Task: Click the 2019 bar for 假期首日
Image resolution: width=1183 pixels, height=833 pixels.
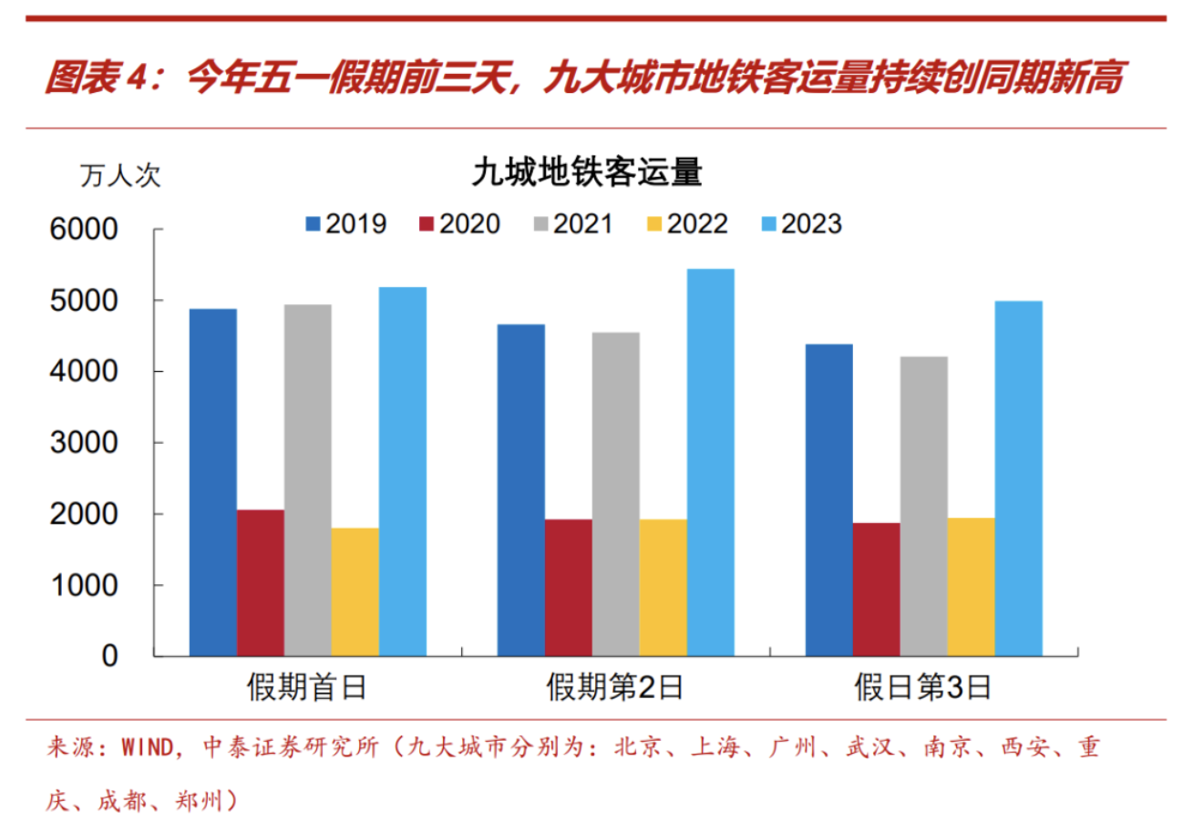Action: coord(212,482)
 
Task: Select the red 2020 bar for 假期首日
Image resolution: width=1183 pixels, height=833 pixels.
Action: coord(260,582)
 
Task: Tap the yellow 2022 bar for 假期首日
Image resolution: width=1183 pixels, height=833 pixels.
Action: coord(355,591)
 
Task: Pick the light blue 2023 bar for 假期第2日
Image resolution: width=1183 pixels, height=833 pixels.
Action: coord(710,462)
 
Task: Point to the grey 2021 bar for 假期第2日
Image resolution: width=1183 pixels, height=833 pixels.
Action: coord(615,494)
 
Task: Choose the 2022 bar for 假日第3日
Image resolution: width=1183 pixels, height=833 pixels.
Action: coord(971,586)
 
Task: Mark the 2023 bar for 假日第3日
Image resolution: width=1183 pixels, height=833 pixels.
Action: coord(1018,478)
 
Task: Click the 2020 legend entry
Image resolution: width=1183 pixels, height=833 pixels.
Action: coord(460,224)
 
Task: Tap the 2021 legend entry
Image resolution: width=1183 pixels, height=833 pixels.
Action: coord(572,224)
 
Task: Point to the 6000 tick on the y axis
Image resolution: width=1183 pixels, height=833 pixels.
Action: coord(84,230)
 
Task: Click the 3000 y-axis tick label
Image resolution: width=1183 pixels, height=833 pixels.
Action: coord(84,443)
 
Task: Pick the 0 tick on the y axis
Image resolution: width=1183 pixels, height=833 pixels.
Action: coord(109,656)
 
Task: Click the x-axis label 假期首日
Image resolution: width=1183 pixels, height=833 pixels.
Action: coord(307,687)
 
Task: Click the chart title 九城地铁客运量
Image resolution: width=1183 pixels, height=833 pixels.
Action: coord(586,173)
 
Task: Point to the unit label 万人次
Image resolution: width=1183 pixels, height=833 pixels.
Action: coord(120,176)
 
